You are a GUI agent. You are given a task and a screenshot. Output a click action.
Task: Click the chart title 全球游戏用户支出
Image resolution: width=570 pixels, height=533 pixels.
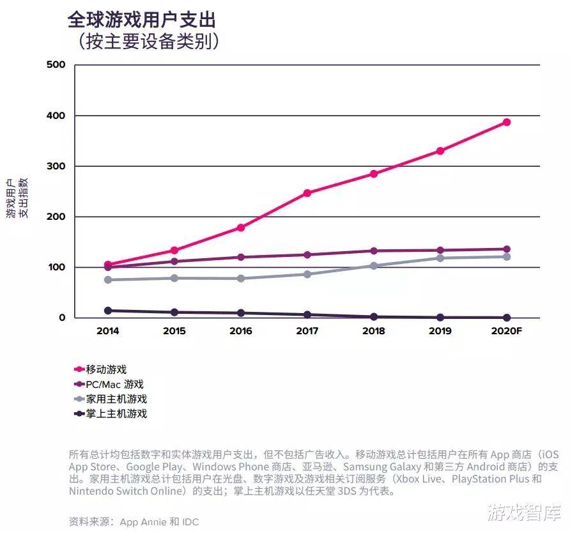141,20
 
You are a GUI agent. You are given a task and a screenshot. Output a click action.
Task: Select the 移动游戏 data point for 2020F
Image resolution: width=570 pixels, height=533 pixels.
506,122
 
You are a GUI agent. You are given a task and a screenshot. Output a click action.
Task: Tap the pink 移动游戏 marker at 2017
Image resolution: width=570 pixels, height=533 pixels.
307,192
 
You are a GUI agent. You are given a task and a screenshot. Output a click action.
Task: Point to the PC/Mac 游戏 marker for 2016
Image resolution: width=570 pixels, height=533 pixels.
241,257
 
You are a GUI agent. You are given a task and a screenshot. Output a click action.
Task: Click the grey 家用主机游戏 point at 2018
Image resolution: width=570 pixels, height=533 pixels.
374,265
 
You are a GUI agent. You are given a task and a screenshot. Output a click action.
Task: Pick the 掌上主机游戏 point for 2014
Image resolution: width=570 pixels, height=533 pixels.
108,311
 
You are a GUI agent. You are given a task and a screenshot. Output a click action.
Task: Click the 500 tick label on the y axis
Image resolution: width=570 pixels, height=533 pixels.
57,65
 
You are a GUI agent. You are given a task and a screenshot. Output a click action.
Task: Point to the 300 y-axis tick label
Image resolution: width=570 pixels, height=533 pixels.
57,166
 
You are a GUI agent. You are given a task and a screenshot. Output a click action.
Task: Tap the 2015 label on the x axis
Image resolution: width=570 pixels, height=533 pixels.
174,331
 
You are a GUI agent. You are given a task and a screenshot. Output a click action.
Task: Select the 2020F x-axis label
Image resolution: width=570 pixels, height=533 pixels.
507,331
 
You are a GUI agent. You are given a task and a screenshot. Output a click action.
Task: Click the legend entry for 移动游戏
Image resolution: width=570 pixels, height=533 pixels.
106,369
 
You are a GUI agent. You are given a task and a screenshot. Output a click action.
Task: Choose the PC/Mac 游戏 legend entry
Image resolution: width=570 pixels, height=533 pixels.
114,384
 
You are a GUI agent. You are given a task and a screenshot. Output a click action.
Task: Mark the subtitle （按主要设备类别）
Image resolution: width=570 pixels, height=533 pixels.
149,42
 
